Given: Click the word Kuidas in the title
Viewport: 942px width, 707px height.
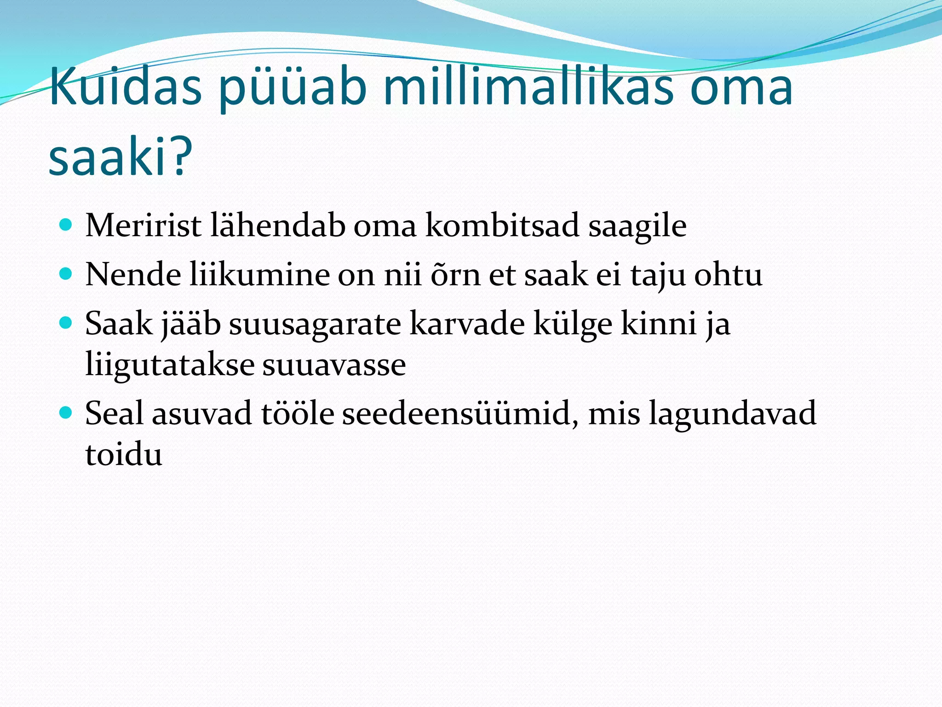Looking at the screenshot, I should [x=125, y=87].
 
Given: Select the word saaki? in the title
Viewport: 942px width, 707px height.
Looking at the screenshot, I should [x=121, y=156].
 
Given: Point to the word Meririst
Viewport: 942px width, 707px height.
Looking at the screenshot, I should [x=143, y=226].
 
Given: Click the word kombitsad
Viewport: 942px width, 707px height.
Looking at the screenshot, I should [x=502, y=226].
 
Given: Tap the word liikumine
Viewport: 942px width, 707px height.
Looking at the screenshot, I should [x=259, y=275].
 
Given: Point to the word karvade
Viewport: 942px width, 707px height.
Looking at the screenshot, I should [x=466, y=324].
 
